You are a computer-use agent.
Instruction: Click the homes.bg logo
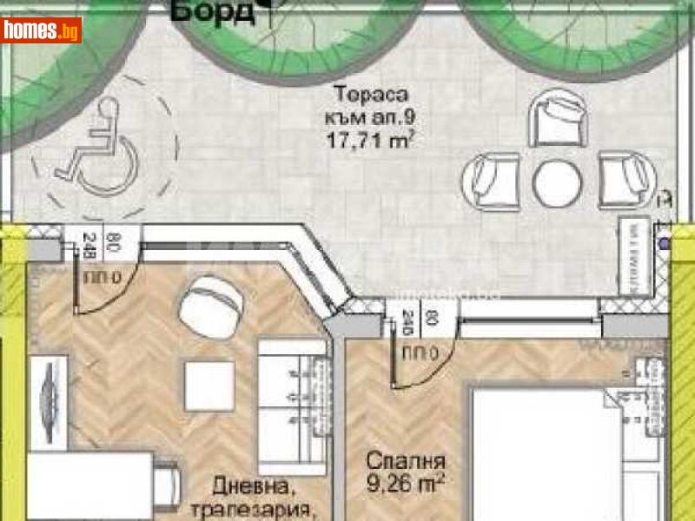pos(42,30)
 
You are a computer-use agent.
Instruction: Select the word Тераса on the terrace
pos(372,95)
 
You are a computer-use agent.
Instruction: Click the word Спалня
pos(406,461)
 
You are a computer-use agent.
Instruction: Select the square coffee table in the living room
pos(208,383)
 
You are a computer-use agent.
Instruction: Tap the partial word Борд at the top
pos(213,11)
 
